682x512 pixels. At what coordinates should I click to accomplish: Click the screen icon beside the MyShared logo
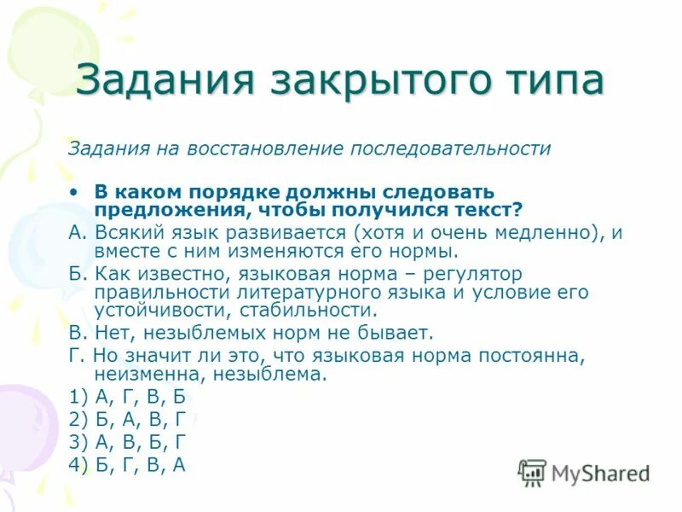tap(533, 473)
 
